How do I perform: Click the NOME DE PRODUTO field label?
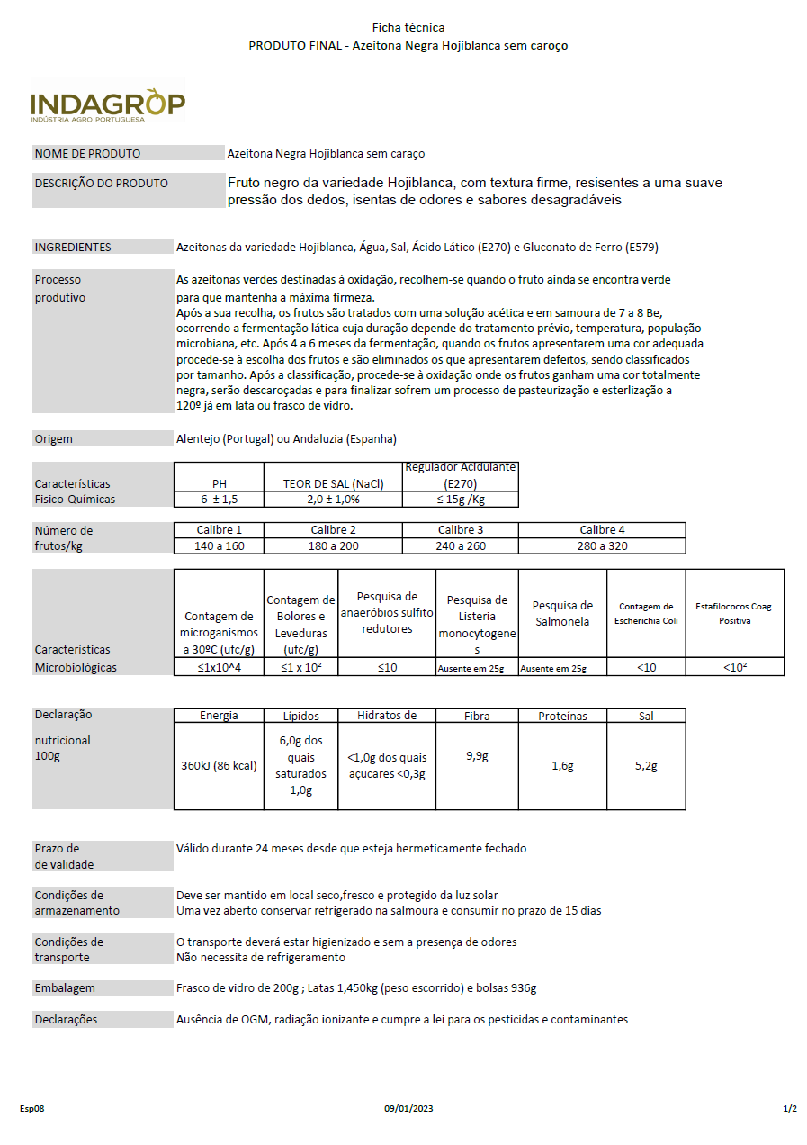[87, 154]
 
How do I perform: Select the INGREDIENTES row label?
[73, 248]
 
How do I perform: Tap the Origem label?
[54, 439]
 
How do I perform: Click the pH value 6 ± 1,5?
[219, 500]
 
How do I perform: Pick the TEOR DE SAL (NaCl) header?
[333, 483]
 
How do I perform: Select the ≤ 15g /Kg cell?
[460, 500]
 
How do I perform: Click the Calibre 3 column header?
[460, 530]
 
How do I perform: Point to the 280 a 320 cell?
[602, 546]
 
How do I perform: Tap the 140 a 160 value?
[219, 546]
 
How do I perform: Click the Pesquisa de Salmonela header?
[562, 613]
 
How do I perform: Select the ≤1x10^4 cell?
[219, 668]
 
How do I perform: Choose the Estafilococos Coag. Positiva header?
[734, 613]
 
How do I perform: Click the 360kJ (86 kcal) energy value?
[219, 766]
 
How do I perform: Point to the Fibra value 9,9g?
[477, 756]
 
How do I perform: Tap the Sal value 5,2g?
[646, 766]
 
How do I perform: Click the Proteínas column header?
[562, 717]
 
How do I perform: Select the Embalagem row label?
[65, 988]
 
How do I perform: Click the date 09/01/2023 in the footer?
[408, 1109]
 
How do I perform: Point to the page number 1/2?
[789, 1109]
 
